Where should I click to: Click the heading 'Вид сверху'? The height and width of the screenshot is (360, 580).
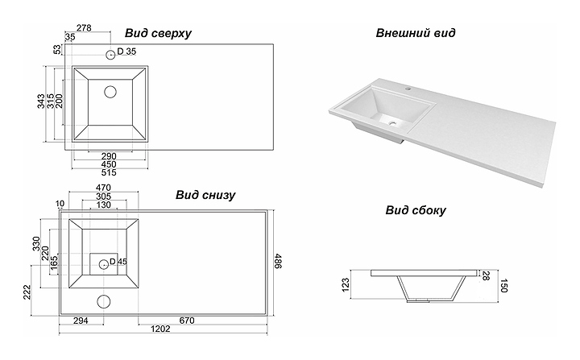point(158,33)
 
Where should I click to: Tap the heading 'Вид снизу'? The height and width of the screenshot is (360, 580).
point(204,194)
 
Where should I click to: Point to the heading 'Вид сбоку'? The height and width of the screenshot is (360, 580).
point(415,211)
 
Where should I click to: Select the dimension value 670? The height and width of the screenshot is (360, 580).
point(188,321)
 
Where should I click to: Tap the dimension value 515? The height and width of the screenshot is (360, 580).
point(110,173)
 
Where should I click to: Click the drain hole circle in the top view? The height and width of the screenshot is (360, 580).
point(110,91)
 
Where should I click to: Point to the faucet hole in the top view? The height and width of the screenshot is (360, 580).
point(110,54)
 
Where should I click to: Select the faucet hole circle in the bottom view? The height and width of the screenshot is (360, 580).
point(104,303)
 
